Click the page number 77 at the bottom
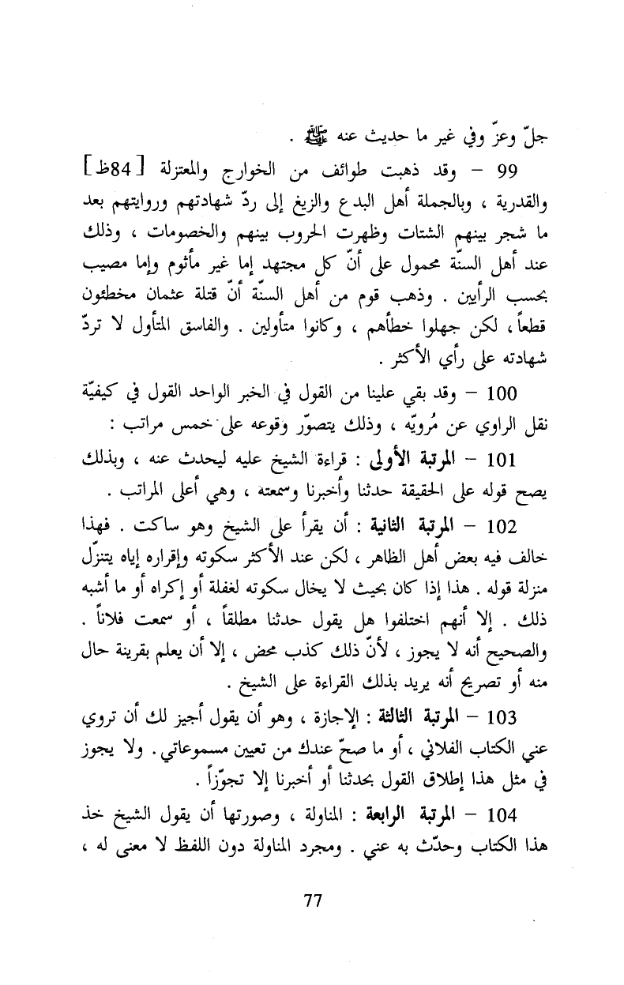[313, 900]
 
